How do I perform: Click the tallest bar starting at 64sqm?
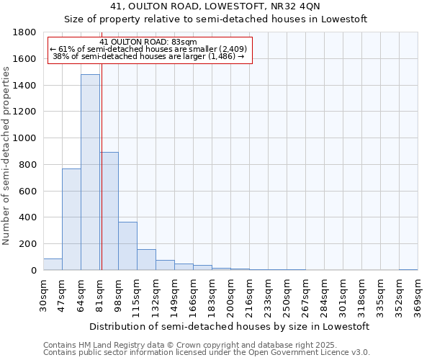90,172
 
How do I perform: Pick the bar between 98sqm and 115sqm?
127,246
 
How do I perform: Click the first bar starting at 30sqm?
53,264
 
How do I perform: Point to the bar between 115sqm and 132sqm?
146,259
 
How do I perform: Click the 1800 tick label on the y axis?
24,32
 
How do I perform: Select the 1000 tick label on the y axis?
24,138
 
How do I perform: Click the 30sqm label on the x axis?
44,296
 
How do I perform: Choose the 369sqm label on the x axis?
418,296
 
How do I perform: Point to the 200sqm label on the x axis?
231,296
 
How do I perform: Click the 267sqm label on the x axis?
306,296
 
